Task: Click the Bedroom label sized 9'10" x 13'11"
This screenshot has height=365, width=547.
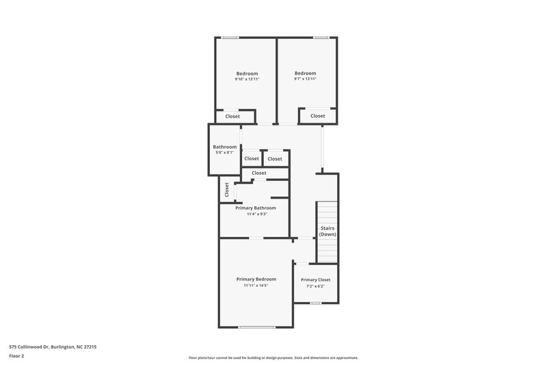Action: tap(247, 73)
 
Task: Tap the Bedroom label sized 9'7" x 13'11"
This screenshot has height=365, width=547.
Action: tap(305, 73)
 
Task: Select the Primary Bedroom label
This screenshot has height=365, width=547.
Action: tap(256, 279)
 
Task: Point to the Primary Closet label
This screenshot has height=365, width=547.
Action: tap(315, 279)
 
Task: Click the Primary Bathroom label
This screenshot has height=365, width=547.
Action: tap(255, 207)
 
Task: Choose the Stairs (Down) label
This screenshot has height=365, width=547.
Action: tap(328, 231)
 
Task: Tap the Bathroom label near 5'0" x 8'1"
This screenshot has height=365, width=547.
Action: tap(224, 147)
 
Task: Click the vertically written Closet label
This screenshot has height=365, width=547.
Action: tap(226, 190)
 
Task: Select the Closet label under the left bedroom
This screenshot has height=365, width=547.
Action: tap(232, 116)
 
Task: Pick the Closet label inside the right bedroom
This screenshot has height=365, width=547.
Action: tap(317, 116)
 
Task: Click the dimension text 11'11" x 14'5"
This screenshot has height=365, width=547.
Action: tap(256, 286)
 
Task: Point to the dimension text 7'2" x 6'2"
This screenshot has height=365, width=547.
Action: tap(315, 286)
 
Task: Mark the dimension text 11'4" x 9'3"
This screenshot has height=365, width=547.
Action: tap(255, 214)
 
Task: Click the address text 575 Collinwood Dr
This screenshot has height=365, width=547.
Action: tap(53, 347)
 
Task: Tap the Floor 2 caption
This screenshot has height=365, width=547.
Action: tap(16, 356)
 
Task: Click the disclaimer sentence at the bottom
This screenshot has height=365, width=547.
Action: tap(273, 357)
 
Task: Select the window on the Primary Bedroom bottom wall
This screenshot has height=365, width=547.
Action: tap(256, 327)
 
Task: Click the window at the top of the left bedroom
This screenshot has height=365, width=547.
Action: tap(230, 38)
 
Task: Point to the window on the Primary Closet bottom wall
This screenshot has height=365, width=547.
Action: tap(315, 303)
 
